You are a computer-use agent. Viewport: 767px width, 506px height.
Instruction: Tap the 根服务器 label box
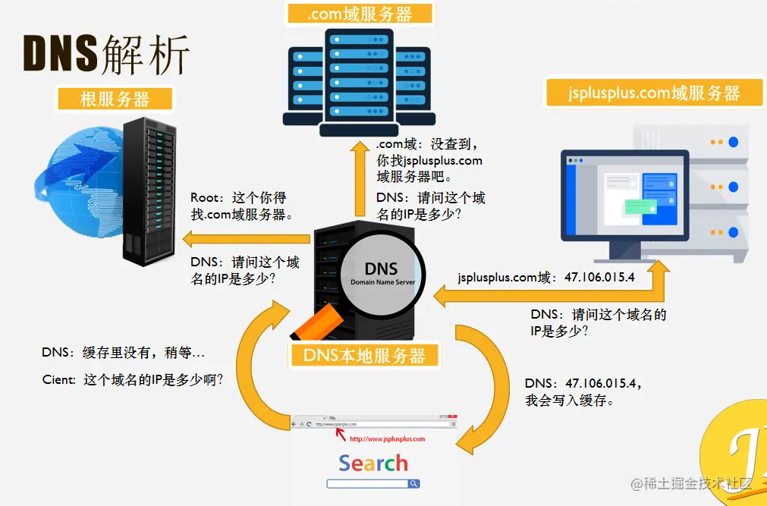(115, 99)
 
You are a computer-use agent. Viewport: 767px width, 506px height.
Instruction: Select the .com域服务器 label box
(360, 14)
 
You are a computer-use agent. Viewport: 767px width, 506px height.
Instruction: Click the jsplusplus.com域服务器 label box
(653, 93)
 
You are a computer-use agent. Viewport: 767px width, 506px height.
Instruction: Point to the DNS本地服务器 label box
(364, 355)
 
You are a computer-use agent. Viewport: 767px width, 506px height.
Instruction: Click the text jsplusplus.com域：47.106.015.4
(546, 278)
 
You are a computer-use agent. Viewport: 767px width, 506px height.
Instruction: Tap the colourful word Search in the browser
(372, 463)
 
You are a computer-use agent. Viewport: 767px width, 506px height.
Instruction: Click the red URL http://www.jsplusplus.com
(387, 438)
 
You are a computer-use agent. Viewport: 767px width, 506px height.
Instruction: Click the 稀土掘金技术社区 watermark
(698, 484)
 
